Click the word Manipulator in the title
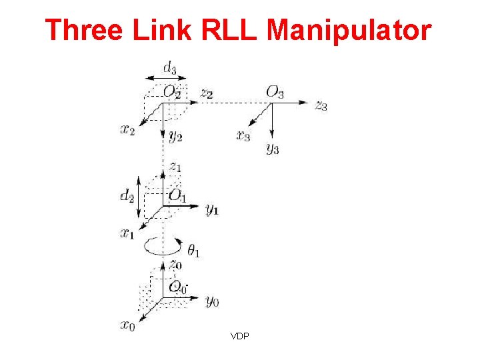(349, 31)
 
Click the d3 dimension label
(171, 68)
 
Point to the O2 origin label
(172, 92)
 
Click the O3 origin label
(275, 92)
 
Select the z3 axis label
(321, 105)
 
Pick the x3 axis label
(243, 136)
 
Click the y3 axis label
(272, 148)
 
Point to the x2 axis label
(127, 129)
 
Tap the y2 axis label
(175, 137)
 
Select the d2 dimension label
(126, 195)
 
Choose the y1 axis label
(212, 209)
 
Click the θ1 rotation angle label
(195, 251)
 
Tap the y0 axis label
(212, 301)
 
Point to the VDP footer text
(240, 336)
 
